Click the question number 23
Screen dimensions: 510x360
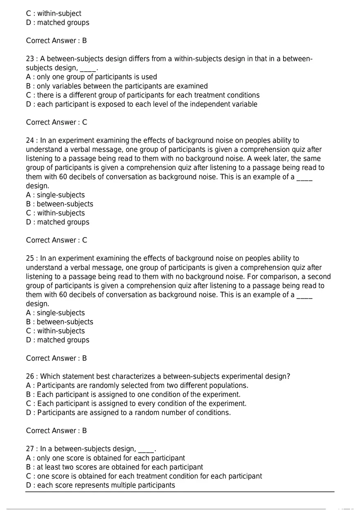click(30, 59)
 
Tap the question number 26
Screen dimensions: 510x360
click(30, 376)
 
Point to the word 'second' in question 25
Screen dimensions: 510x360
click(319, 277)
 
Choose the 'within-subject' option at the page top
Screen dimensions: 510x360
click(54, 13)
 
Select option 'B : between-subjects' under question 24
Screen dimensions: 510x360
click(60, 204)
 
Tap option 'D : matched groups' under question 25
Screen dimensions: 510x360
click(58, 340)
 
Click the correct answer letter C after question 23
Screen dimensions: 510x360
click(84, 122)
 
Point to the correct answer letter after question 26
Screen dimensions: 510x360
click(84, 431)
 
